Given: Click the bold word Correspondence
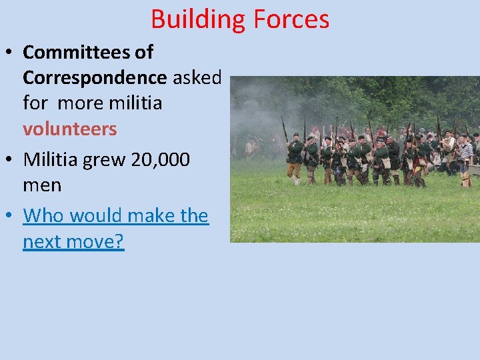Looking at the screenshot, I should (95, 77).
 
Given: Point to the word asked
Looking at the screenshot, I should (197, 77).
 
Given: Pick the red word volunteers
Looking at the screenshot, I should (69, 129).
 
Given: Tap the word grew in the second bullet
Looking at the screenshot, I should (104, 160).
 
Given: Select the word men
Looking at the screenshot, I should (42, 185).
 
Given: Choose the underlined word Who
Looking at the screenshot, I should (43, 216).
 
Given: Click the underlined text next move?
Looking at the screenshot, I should (73, 241).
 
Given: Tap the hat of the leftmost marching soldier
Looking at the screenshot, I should (295, 136).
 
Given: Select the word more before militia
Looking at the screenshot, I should (83, 103).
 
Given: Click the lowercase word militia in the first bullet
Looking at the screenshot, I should (136, 103).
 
